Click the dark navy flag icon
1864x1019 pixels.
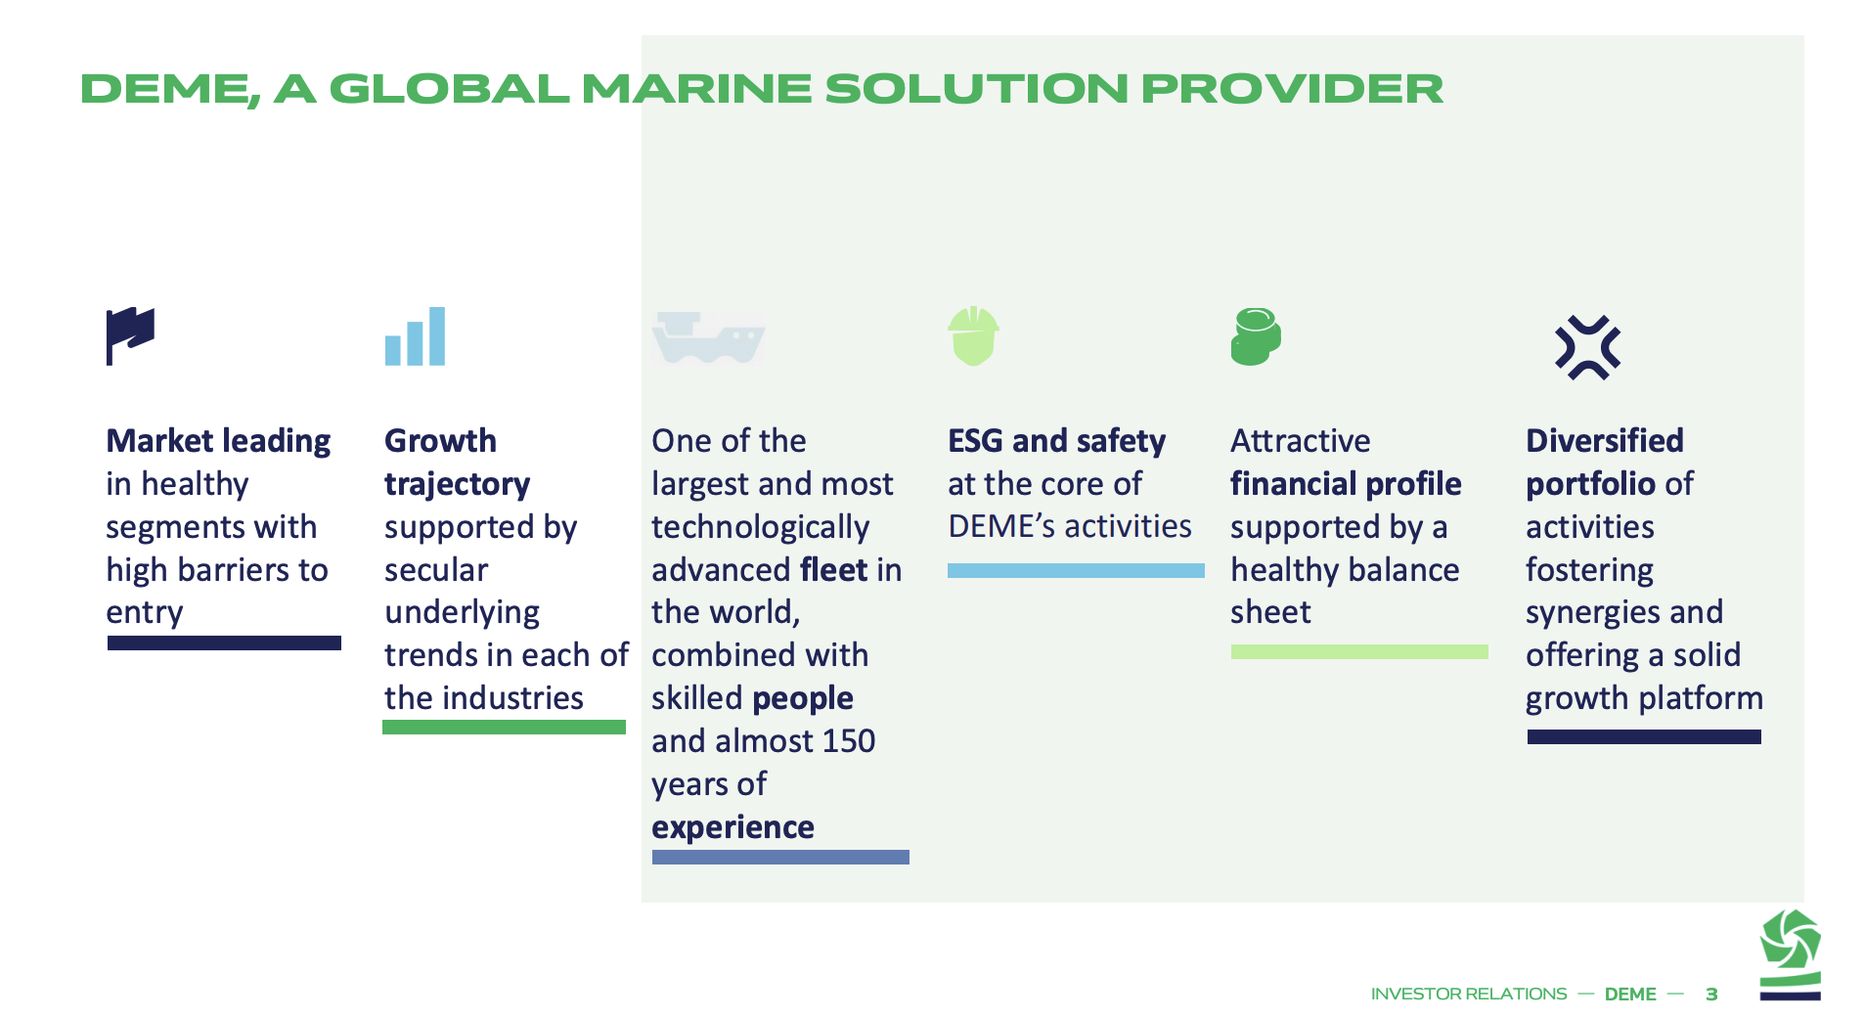[x=130, y=335]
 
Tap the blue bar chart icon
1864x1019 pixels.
[x=415, y=336]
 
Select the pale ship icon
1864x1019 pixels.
[x=708, y=337]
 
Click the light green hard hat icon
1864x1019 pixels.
[x=973, y=336]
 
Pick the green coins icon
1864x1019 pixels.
[x=1256, y=336]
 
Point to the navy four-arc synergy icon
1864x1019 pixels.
[x=1588, y=347]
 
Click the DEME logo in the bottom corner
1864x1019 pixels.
[x=1790, y=954]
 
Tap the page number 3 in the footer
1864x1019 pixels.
[x=1711, y=995]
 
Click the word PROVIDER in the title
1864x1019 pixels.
[x=1292, y=89]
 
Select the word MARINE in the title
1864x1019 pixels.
[x=696, y=89]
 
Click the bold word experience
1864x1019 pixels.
[x=732, y=827]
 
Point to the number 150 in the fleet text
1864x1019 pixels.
[x=849, y=741]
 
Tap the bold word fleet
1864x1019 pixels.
[x=834, y=570]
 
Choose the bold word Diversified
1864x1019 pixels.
[x=1605, y=441]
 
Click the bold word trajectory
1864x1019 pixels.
[x=457, y=485]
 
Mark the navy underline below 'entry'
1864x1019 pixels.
[x=224, y=643]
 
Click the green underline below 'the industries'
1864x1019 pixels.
[x=504, y=728]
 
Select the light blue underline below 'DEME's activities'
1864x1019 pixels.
[x=1076, y=571]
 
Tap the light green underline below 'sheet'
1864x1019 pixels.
[x=1359, y=652]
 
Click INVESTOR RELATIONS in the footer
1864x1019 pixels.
[x=1469, y=995]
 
